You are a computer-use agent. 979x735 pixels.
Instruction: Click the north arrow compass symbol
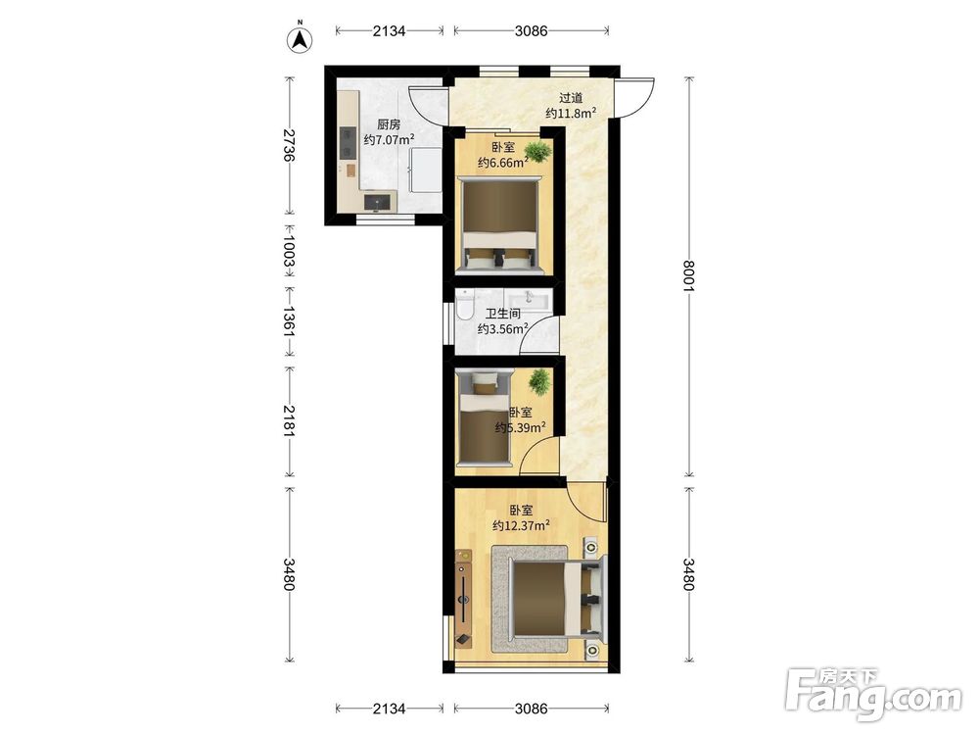click(x=300, y=39)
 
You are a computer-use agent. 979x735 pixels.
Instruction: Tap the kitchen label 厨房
click(x=389, y=124)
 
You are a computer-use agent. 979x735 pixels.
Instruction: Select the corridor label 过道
click(x=571, y=97)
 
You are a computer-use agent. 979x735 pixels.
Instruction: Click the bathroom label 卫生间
click(x=502, y=314)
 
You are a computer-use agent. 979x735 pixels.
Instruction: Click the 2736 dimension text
click(x=289, y=146)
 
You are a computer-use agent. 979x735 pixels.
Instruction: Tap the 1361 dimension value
click(x=289, y=321)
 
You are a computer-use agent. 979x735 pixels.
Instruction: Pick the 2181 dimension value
click(x=289, y=420)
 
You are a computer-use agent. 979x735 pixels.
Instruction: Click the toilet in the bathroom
click(x=464, y=305)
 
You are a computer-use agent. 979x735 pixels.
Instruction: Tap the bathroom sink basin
click(x=530, y=300)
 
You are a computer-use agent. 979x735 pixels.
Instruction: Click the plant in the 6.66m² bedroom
click(x=536, y=151)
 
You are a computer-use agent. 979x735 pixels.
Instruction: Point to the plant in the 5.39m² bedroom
click(x=538, y=380)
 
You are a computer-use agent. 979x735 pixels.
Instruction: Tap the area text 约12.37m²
click(x=521, y=525)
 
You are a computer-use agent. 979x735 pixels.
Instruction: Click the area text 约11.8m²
click(x=571, y=113)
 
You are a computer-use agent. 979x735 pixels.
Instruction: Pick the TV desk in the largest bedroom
click(x=464, y=598)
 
